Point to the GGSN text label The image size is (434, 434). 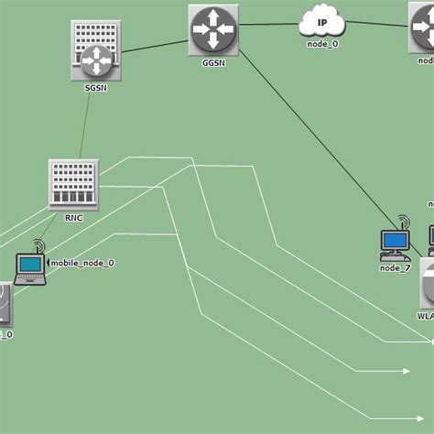coord(213,65)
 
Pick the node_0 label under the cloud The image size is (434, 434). coord(322,44)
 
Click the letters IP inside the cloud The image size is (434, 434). coord(321,21)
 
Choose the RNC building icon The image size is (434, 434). coord(73,183)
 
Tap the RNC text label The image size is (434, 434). coord(74,218)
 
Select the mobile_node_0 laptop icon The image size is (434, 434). coord(30,267)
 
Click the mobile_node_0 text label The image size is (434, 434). coord(82,263)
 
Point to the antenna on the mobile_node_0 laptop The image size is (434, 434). coord(38,246)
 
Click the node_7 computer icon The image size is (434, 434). coord(395,243)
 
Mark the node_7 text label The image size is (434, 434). coord(395,267)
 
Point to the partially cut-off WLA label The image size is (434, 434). coord(425,316)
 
